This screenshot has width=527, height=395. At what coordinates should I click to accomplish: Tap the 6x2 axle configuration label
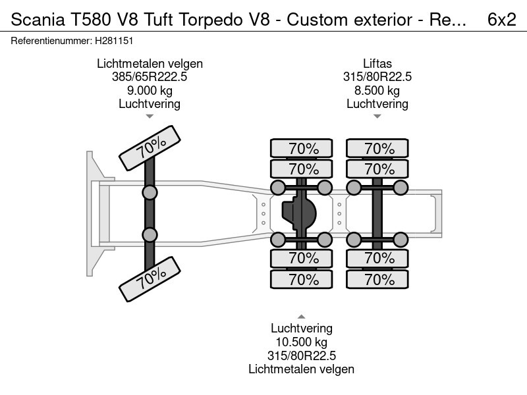click(501, 20)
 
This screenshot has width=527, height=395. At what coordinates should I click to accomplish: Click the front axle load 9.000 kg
click(150, 90)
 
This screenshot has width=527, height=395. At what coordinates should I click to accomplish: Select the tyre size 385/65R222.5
click(150, 77)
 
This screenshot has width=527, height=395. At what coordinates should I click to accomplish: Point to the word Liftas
click(377, 64)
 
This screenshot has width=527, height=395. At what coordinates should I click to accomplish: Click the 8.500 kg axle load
click(377, 90)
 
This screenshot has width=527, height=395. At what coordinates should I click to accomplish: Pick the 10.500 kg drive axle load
click(301, 342)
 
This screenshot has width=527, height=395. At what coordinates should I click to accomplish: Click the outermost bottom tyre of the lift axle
click(377, 280)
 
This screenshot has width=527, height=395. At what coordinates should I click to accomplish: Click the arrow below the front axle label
click(150, 117)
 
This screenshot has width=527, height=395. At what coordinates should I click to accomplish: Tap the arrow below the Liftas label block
click(377, 117)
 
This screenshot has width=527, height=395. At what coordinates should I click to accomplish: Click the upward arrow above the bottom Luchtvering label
click(301, 317)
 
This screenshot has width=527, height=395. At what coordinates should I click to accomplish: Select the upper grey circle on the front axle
click(150, 193)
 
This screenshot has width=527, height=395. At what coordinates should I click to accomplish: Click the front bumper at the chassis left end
click(92, 212)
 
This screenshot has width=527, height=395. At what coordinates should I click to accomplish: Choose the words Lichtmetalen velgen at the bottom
click(301, 369)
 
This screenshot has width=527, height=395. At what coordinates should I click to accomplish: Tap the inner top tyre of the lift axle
click(377, 168)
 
